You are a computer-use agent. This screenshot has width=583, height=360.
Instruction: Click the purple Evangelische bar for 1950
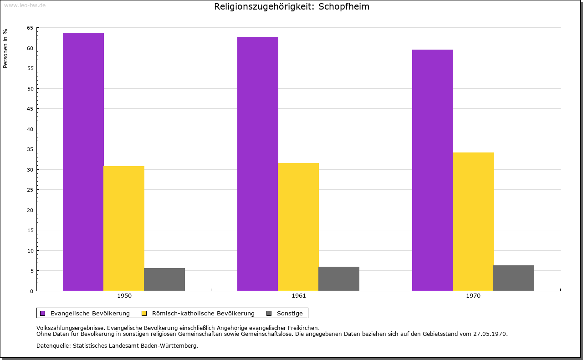point(83,162)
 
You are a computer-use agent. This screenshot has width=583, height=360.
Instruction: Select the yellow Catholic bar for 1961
point(298,227)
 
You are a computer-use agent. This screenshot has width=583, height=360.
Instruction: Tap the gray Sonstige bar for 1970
point(514,278)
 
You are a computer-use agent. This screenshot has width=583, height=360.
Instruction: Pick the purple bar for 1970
point(433,170)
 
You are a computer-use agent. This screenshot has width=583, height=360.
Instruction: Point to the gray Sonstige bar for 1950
point(164,279)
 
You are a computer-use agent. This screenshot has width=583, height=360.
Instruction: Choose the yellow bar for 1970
point(473,222)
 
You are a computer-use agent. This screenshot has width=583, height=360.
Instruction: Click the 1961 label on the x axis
point(299,296)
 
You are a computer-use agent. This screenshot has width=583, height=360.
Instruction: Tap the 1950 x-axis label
point(124,296)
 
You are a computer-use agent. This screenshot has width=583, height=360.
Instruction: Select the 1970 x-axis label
point(473,296)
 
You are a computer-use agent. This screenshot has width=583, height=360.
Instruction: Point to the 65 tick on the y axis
point(30,28)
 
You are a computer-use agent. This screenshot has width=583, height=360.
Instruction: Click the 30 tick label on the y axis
point(30,170)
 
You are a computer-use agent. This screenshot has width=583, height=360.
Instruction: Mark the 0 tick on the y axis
point(31,291)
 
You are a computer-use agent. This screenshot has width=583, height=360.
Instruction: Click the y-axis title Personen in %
point(5,48)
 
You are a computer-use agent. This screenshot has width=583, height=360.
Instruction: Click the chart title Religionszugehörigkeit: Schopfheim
point(291,7)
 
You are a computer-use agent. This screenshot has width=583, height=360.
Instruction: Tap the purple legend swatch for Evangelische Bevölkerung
point(43,313)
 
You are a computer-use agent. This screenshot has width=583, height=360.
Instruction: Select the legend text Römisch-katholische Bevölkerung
point(203,313)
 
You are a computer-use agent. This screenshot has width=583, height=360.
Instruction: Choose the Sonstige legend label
point(290,313)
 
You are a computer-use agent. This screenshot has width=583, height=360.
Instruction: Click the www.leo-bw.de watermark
point(25,5)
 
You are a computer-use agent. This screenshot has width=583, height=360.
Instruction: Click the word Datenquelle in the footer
point(51,345)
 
